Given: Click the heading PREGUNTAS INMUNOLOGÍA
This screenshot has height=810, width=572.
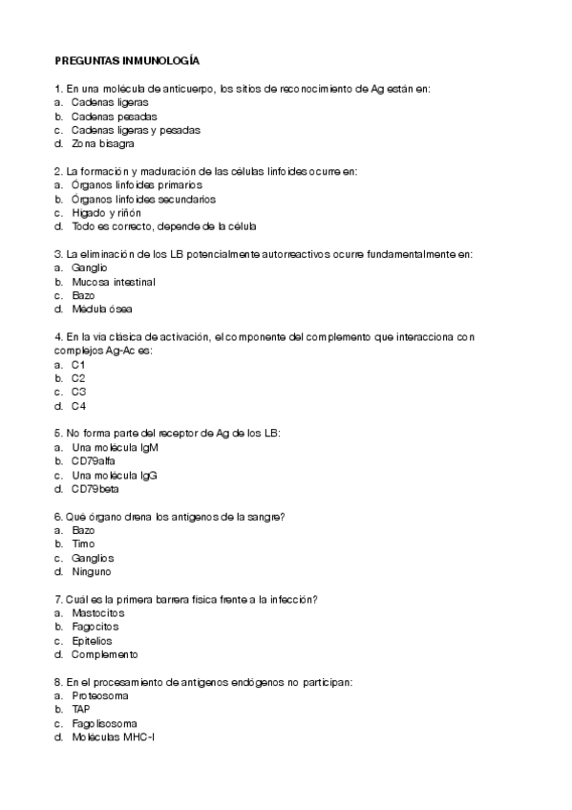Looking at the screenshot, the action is pyautogui.click(x=127, y=60).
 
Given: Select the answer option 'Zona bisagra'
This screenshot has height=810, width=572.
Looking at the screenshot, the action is pyautogui.click(x=102, y=143).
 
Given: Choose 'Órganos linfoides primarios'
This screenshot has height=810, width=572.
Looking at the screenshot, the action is pyautogui.click(x=137, y=184).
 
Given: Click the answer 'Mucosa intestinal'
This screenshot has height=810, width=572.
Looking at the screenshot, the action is pyautogui.click(x=113, y=282).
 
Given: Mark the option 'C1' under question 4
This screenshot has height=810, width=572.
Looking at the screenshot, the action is pyautogui.click(x=78, y=364).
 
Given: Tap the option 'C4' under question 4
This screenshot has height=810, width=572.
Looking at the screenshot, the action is pyautogui.click(x=78, y=406).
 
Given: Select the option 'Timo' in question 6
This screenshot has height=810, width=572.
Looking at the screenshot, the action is pyautogui.click(x=83, y=544).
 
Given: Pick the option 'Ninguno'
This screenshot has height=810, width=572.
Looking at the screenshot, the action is pyautogui.click(x=91, y=571).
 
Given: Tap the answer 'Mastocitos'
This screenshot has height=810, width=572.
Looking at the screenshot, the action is pyautogui.click(x=97, y=612).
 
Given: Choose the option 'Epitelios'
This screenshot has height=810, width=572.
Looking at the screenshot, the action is pyautogui.click(x=92, y=641).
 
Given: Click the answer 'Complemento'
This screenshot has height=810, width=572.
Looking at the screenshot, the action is pyautogui.click(x=104, y=654).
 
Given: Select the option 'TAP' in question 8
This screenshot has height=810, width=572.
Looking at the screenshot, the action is pyautogui.click(x=80, y=710).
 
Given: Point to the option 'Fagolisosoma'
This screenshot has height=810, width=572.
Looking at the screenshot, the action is pyautogui.click(x=104, y=723).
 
